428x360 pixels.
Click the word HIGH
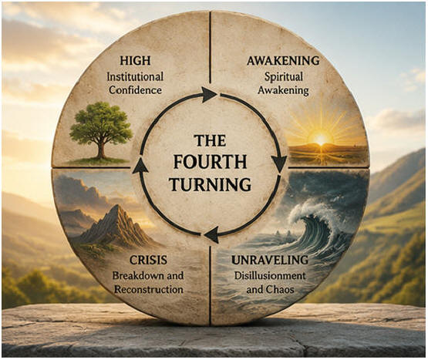pyautogui.click(x=135, y=61)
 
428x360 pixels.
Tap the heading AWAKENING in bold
pyautogui.click(x=283, y=61)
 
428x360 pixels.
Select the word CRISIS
pyautogui.click(x=148, y=260)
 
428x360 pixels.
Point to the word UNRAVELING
pyautogui.click(x=270, y=260)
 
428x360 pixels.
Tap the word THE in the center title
pyautogui.click(x=210, y=140)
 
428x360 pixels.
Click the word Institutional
pyautogui.click(x=135, y=76)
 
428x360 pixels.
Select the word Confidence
pyautogui.click(x=136, y=90)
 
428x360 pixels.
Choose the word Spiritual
pyautogui.click(x=283, y=77)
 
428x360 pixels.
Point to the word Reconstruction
pyautogui.click(x=149, y=289)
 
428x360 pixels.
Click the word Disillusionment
pyautogui.click(x=270, y=276)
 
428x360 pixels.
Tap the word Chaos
pyautogui.click(x=282, y=289)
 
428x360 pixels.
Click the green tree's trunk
pyautogui.click(x=102, y=150)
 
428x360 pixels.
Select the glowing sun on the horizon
pyautogui.click(x=321, y=140)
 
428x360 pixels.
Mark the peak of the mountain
pyautogui.click(x=118, y=206)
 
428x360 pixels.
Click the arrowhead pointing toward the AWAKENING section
pyautogui.click(x=209, y=95)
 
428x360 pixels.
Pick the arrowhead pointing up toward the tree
pyautogui.click(x=140, y=166)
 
